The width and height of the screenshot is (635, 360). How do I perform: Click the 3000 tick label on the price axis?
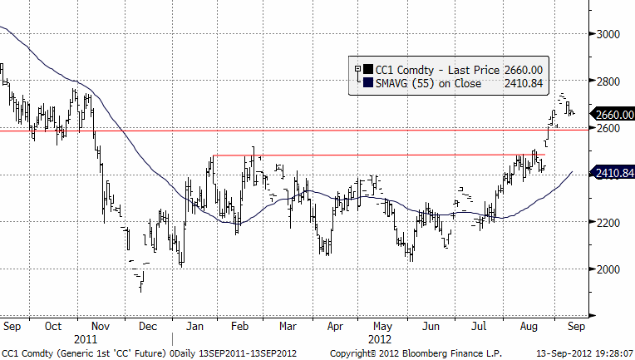pyautogui.click(x=609, y=34)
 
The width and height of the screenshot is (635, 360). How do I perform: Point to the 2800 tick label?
pyautogui.click(x=609, y=81)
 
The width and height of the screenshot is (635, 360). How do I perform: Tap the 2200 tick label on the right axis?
pyautogui.click(x=609, y=223)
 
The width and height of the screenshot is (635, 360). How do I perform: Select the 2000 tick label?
pyautogui.click(x=609, y=269)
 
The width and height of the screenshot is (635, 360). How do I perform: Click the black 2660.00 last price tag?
pyautogui.click(x=611, y=114)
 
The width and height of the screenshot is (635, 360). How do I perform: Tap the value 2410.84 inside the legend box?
pyautogui.click(x=523, y=83)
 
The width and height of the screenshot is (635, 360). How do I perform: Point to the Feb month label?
pyautogui.click(x=239, y=326)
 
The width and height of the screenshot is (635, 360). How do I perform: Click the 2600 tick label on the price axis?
pyautogui.click(x=609, y=129)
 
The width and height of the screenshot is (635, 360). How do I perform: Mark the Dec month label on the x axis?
pyautogui.click(x=150, y=326)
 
